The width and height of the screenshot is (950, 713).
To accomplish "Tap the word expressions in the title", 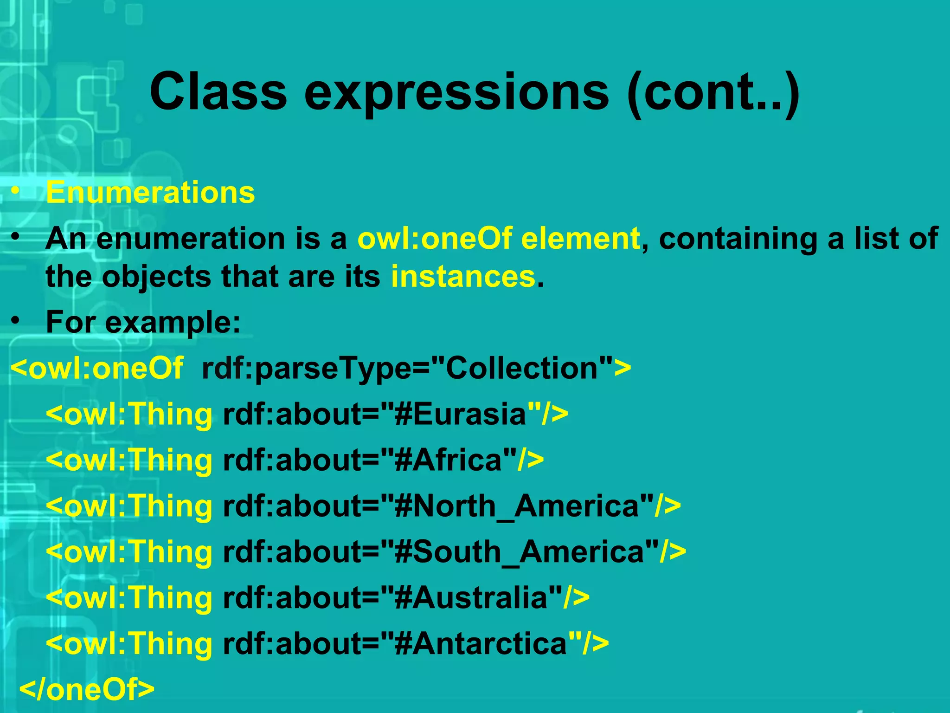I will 456,93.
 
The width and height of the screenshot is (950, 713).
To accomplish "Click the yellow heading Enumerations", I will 150,192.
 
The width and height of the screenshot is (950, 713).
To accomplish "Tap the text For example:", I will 143,322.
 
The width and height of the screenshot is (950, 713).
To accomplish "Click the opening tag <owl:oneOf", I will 97,368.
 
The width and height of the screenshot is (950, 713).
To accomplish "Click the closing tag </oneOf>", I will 87,689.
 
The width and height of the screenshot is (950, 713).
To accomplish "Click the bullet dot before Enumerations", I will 16,191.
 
